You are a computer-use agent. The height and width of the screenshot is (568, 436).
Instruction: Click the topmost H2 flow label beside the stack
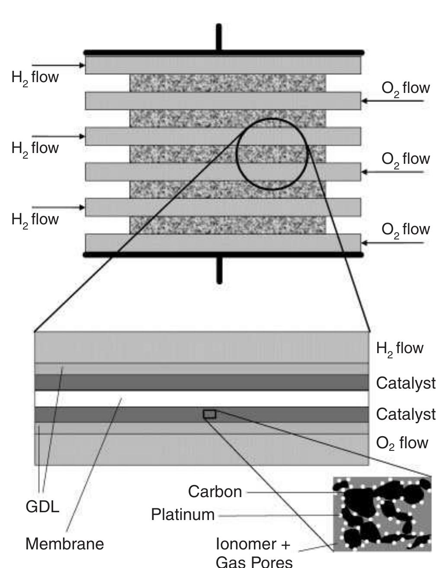(x=35, y=78)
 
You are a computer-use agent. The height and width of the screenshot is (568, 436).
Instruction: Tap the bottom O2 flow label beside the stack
(x=405, y=230)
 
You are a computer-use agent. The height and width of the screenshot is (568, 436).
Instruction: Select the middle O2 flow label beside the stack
(x=405, y=159)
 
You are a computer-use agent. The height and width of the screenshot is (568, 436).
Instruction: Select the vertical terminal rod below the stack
(x=219, y=270)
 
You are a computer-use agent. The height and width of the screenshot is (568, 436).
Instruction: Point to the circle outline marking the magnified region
(x=237, y=154)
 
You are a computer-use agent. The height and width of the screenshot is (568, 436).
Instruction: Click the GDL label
(x=42, y=507)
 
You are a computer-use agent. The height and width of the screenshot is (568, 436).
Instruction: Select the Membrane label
(x=64, y=544)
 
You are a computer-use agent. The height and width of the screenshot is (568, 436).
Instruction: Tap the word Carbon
(x=215, y=492)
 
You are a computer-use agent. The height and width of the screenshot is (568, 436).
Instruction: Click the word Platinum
(x=183, y=515)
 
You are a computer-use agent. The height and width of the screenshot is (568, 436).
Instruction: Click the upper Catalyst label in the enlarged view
(x=405, y=383)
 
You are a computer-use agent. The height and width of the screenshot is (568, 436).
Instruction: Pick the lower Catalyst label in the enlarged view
(x=405, y=414)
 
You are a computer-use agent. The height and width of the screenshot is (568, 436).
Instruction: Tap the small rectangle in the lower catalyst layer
(x=209, y=414)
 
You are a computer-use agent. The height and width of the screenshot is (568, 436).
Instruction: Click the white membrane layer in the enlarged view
(x=201, y=399)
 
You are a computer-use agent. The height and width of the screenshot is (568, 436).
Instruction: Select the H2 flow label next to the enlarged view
(x=399, y=348)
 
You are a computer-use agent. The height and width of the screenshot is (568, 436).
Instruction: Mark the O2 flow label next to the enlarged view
(x=402, y=443)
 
